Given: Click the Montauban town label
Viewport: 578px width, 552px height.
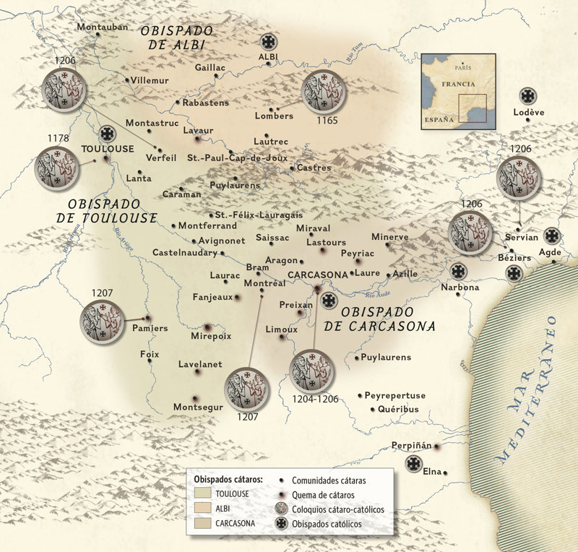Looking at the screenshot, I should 102,27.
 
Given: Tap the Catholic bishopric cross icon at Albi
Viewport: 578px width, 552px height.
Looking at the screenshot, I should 269,43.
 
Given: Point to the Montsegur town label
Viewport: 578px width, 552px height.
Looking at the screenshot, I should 197,407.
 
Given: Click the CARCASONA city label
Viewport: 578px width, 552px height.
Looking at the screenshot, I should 317,275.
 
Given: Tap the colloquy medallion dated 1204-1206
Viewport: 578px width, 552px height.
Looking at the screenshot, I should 312,372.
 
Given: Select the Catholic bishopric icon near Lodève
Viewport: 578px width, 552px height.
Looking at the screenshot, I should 528,96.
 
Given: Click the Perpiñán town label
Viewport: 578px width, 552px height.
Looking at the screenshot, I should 410,445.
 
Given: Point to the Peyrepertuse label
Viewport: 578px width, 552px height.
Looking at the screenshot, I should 395,395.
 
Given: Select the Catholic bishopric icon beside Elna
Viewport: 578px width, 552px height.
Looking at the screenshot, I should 414,464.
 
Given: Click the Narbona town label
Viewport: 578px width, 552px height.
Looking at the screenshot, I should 460,288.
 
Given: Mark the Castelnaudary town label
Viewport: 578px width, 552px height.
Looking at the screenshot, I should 184,253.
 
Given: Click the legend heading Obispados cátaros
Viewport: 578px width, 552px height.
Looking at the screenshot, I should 228,479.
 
